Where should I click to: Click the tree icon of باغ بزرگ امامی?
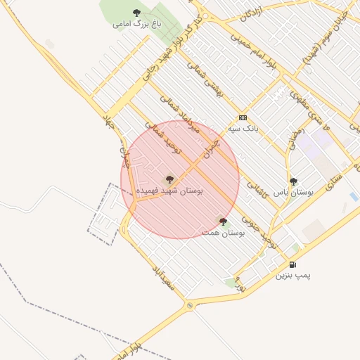click(136, 13)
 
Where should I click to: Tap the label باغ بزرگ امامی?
click(136, 24)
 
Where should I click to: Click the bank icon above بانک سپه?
click(243, 117)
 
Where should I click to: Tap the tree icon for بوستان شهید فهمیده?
click(169, 179)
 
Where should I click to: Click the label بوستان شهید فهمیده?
click(169, 191)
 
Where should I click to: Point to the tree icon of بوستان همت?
click(223, 221)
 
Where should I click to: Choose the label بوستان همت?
click(223, 232)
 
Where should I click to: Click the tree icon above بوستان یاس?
click(293, 181)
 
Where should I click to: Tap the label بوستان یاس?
click(293, 191)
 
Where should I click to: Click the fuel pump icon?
click(292, 264)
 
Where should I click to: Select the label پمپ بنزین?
click(292, 276)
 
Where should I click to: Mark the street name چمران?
click(210, 148)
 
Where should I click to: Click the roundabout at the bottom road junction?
click(189, 306)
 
